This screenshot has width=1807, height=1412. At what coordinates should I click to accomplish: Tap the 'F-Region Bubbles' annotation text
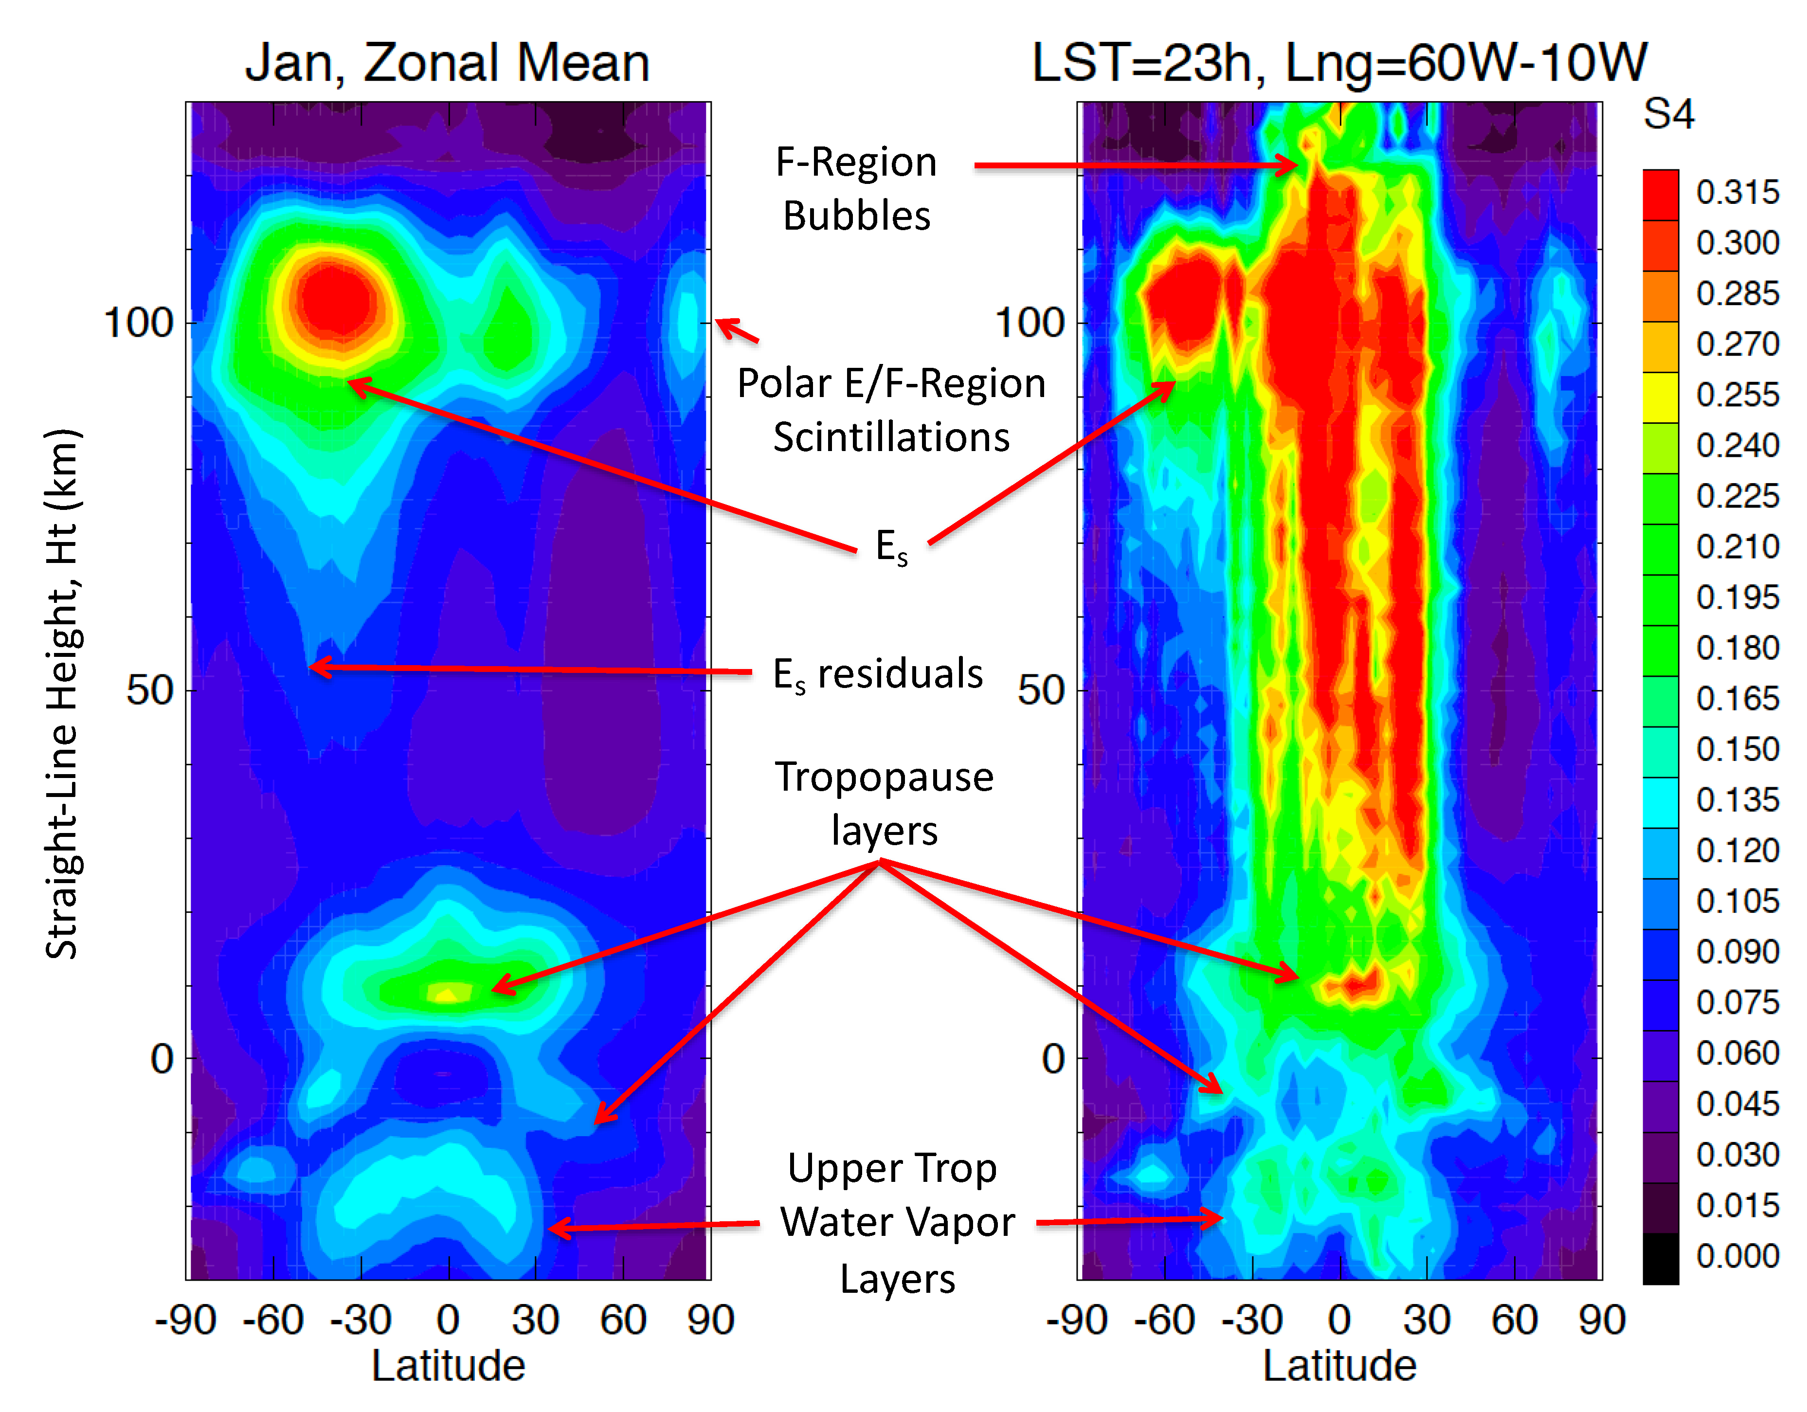pyautogui.click(x=856, y=189)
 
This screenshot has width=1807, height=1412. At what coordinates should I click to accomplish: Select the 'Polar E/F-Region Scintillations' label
pyautogui.click(x=891, y=410)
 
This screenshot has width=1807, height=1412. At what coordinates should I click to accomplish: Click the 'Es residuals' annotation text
pyautogui.click(x=877, y=674)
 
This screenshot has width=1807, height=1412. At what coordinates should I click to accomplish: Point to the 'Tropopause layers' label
pyautogui.click(x=884, y=802)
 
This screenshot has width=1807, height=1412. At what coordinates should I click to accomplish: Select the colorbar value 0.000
pyautogui.click(x=1736, y=1256)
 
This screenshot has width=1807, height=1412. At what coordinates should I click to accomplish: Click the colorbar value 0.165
pyautogui.click(x=1736, y=699)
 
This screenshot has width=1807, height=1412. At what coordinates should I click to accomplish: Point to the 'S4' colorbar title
pyautogui.click(x=1668, y=114)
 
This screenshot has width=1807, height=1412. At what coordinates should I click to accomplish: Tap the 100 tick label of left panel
pyautogui.click(x=137, y=323)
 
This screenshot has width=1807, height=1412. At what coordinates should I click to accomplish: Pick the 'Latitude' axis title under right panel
pyautogui.click(x=1338, y=1366)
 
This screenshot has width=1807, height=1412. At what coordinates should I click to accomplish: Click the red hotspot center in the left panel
pyautogui.click(x=335, y=302)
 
